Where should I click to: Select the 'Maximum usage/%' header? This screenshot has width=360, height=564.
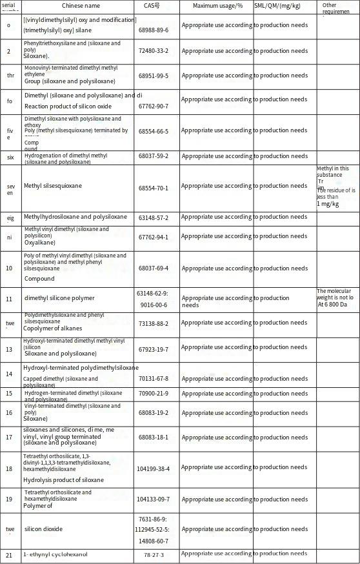coord(217,6)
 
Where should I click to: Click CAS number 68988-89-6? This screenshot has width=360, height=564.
coord(153,30)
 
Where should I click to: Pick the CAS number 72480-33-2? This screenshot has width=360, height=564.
coord(153,50)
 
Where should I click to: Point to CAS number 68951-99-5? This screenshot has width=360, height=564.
coord(153,76)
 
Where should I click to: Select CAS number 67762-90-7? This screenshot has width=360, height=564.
coord(153,106)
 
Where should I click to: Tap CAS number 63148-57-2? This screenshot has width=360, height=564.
coord(153,217)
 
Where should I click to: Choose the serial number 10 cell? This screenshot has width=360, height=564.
coord(9,267)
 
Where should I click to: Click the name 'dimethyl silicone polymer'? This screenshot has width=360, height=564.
coord(59,298)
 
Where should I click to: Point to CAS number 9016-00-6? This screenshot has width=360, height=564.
coord(154,304)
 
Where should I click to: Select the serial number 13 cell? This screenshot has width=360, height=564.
coord(9,349)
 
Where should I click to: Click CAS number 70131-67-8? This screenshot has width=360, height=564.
coord(153,379)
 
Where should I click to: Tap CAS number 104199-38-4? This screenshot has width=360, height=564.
coord(153,468)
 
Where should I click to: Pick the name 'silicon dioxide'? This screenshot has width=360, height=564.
coord(44,529)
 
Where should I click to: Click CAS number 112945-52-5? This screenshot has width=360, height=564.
coord(153,530)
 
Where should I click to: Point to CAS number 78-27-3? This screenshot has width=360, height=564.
coord(154,555)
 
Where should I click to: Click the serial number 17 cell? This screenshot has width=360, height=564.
coord(9,437)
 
